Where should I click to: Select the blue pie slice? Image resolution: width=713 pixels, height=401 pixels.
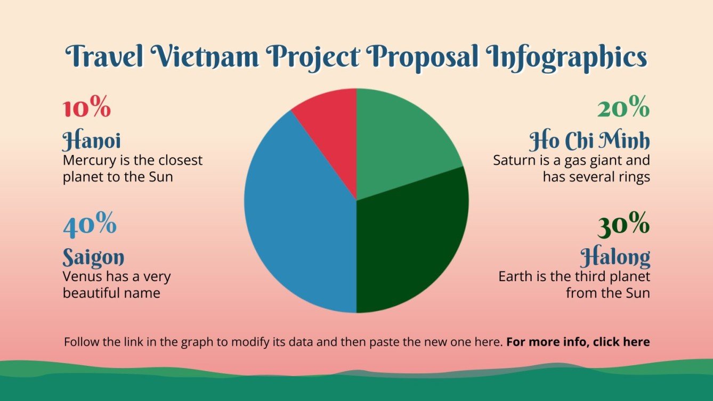coord(298,213)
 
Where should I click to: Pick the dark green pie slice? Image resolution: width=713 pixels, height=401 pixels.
coord(410,240)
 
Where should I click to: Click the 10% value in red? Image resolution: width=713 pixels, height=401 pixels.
coord(87,109)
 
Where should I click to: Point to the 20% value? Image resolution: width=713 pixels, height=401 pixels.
coord(623,109)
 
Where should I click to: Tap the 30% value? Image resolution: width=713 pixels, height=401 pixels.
coord(623,226)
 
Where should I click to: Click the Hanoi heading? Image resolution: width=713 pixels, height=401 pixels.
coord(92,141)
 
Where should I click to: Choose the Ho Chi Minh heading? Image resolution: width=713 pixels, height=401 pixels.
coord(589,141)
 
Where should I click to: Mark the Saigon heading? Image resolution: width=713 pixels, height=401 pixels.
coord(93,258)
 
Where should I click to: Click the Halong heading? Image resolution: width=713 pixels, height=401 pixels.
coord(615,258)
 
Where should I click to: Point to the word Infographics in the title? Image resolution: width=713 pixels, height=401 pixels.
coord(567,57)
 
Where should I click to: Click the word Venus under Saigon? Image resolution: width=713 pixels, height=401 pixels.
coord(79,276)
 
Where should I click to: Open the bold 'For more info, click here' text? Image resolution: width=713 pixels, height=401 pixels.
coord(578,342)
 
